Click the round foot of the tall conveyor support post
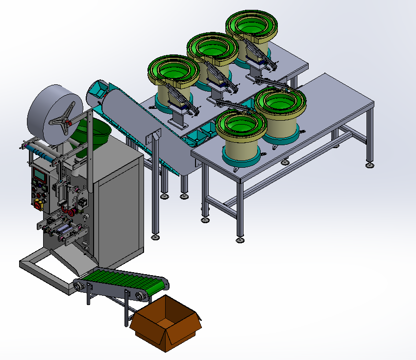(155, 237)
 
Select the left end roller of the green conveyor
(78, 285)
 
